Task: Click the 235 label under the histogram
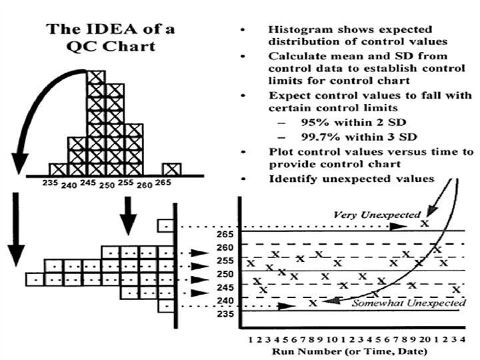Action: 50,182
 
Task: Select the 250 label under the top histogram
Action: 106,185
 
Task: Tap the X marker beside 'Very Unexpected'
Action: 425,223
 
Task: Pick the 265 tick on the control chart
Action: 225,234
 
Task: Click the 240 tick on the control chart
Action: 225,301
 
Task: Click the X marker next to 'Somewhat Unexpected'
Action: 313,302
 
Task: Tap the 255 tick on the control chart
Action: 225,261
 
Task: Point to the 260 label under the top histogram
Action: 145,185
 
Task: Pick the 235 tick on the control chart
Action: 225,313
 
